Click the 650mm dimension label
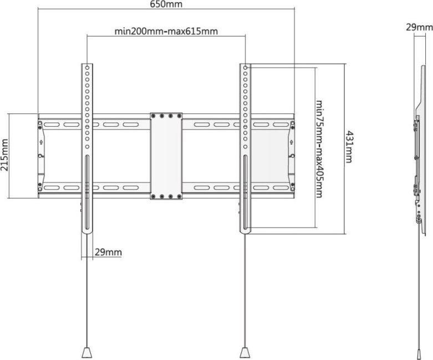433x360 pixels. pyautogui.click(x=166, y=4)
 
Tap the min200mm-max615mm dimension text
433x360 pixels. pyautogui.click(x=166, y=31)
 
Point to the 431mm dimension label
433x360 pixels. pyautogui.click(x=349, y=147)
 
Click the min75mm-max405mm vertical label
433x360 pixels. pyautogui.click(x=319, y=148)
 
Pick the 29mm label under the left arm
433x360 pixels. pyautogui.click(x=108, y=252)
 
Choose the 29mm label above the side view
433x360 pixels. pyautogui.click(x=419, y=27)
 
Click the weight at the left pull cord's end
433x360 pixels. pyautogui.click(x=87, y=353)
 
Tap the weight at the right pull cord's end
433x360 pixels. pyautogui.click(x=245, y=353)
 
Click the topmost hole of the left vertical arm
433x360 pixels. pyautogui.click(x=87, y=68)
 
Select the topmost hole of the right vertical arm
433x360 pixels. pyautogui.click(x=245, y=68)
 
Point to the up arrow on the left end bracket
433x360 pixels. pyautogui.click(x=41, y=142)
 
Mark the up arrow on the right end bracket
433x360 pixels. pyautogui.click(x=291, y=142)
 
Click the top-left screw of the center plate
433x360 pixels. pyautogui.click(x=153, y=116)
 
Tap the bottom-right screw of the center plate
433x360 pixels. pyautogui.click(x=179, y=197)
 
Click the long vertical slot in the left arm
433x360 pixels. pyautogui.click(x=87, y=192)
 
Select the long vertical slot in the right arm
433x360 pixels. pyautogui.click(x=245, y=192)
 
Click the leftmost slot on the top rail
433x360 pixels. pyautogui.click(x=52, y=125)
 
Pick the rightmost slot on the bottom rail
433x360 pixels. pyautogui.click(x=281, y=188)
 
